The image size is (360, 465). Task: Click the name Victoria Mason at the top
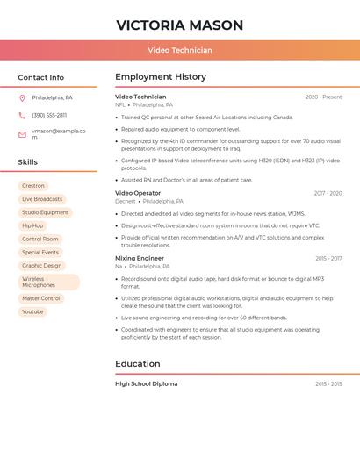(x=179, y=25)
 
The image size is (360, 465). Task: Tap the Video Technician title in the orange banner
(x=179, y=51)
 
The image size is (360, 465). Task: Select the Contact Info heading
(x=41, y=77)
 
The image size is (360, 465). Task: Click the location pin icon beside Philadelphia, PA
(x=22, y=97)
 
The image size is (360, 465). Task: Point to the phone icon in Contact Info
(x=22, y=115)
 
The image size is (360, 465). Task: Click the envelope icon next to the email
(x=22, y=134)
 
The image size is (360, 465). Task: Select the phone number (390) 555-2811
(x=49, y=115)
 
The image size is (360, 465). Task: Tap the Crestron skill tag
(x=33, y=186)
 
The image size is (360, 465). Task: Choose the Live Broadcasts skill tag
(x=42, y=199)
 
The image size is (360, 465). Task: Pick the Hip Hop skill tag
(x=32, y=225)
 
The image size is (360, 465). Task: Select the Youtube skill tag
(x=32, y=311)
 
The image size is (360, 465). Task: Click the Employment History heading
(x=161, y=77)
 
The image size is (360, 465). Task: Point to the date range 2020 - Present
(x=323, y=97)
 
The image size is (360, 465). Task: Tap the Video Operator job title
(x=138, y=193)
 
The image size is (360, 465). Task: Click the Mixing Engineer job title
(x=140, y=259)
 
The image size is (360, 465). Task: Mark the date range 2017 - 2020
(x=328, y=193)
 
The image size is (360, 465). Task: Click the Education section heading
(x=138, y=363)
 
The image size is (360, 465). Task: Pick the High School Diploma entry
(x=146, y=383)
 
